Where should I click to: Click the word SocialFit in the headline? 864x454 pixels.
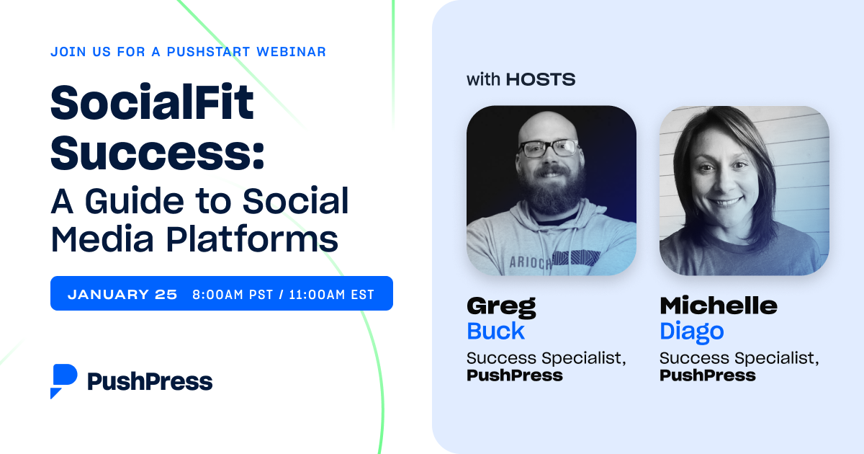(152, 102)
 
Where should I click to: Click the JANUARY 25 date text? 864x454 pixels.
(122, 294)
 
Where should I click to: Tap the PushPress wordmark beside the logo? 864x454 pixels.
(150, 381)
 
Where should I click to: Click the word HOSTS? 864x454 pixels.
(540, 79)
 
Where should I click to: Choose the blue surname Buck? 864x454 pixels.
(495, 331)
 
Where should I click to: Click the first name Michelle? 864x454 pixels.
(718, 306)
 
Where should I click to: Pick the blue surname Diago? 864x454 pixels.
(691, 331)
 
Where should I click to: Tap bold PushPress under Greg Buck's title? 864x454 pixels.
(514, 375)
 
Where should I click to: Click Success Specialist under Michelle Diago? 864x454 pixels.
(738, 357)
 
